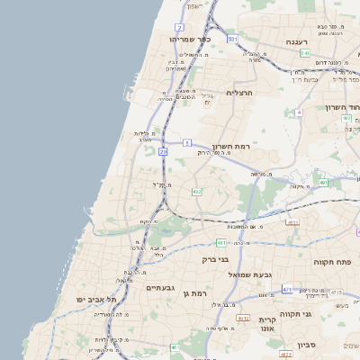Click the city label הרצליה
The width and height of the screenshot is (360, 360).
point(240,93)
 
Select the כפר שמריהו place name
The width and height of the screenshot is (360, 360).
point(190,40)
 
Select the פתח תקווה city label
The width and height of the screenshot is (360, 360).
point(332,262)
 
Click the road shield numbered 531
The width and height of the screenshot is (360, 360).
point(232,40)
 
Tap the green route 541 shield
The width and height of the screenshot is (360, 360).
point(305,53)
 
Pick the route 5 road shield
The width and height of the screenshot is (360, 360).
point(186,143)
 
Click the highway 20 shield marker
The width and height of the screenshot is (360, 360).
point(163,152)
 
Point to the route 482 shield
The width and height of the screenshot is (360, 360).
point(197,192)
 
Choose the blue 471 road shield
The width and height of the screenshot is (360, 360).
point(286,290)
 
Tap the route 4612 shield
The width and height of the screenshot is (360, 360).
point(243,318)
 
